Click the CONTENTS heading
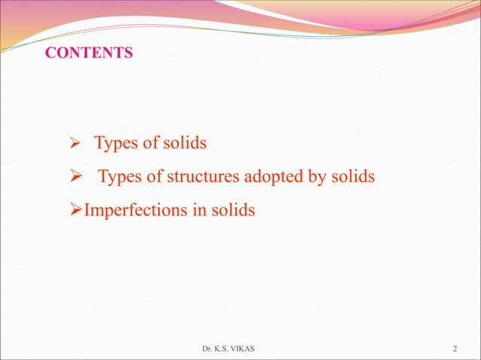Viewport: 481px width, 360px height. point(89,53)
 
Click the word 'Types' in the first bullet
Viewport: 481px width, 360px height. point(115,143)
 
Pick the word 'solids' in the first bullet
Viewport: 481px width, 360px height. point(183,143)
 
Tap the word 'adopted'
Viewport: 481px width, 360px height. point(269,178)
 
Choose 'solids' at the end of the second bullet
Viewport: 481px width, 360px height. point(352,177)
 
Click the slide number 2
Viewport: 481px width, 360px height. point(455,349)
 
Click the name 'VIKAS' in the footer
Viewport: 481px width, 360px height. point(250,349)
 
